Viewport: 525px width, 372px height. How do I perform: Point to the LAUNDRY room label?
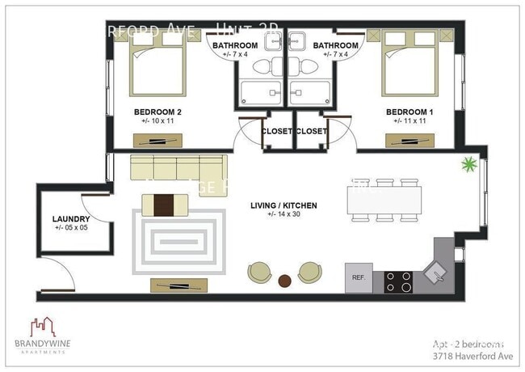pos(70,218)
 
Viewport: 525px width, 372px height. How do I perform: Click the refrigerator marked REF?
pos(359,277)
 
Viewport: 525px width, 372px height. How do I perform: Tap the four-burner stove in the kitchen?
pos(398,281)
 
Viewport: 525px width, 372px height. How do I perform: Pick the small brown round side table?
pos(284,281)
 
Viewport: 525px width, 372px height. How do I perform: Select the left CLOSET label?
pos(276,131)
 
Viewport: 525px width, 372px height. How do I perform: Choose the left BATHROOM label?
pos(235,46)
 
